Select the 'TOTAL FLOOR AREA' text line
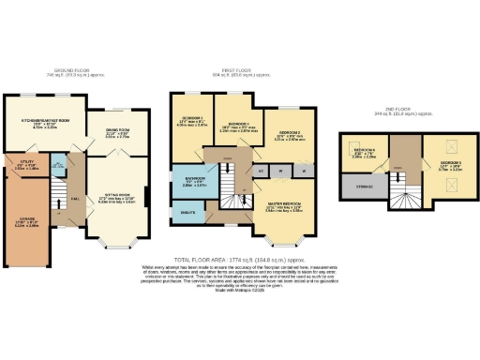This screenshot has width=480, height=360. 239,258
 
